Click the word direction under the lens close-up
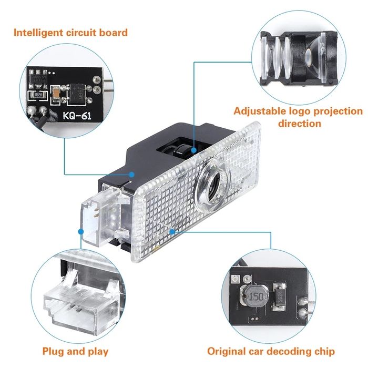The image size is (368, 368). coord(300,124)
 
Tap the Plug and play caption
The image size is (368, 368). coord(75,351)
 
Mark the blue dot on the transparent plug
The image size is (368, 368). coord(80,231)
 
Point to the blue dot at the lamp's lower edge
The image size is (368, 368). coord(172,230)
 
